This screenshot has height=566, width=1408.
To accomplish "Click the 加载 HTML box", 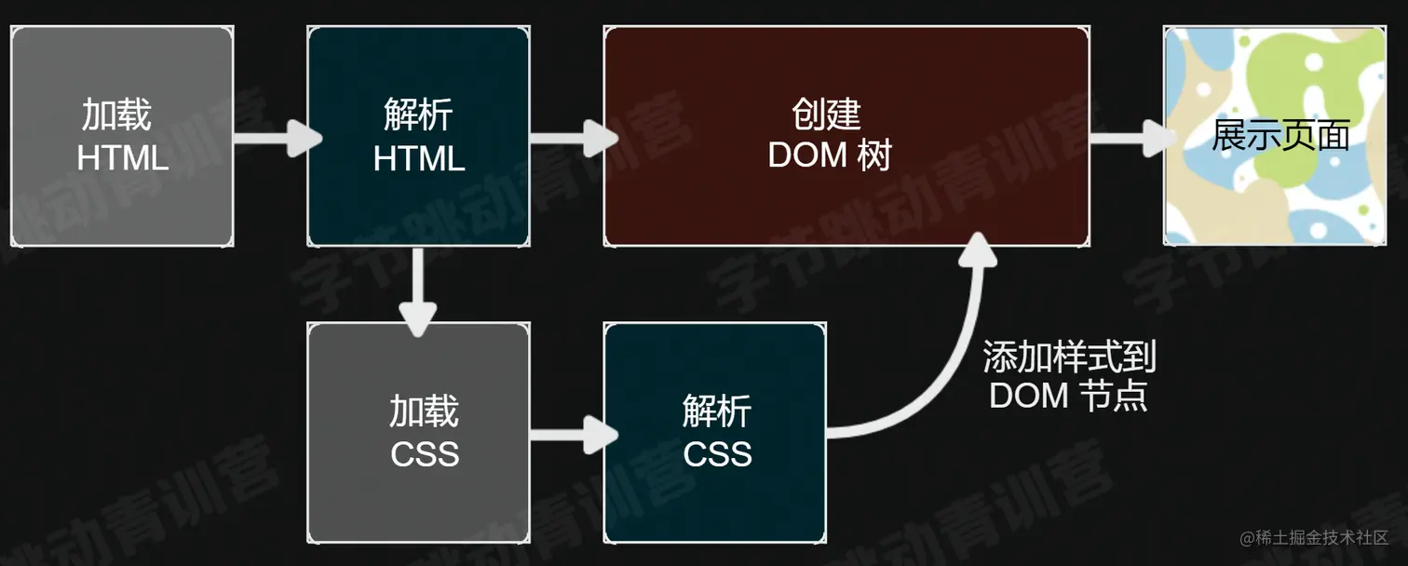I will (122, 137).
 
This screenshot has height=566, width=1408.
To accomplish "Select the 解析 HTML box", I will (418, 137).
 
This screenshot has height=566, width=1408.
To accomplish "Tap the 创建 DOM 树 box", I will (846, 137).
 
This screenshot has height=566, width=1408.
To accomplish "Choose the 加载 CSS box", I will (418, 433).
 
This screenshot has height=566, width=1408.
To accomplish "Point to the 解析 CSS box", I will (714, 433).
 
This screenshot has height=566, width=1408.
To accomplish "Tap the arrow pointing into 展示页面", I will (1127, 139).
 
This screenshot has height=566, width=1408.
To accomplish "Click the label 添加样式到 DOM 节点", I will (1069, 376).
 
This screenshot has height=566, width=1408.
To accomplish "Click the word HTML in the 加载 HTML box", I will (123, 158).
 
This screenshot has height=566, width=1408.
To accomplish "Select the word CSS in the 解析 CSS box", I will (717, 454).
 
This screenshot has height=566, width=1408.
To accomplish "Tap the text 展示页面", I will (1280, 136).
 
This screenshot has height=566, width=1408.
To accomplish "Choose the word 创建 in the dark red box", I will (827, 115).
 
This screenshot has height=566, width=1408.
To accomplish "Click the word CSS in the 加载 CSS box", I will (425, 454).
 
